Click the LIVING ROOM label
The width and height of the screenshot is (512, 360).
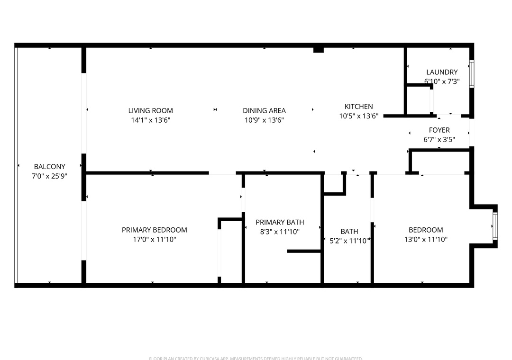150,111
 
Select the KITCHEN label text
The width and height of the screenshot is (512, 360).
358,107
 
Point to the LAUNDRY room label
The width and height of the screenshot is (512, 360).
442,72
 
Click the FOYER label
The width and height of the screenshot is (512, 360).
439,130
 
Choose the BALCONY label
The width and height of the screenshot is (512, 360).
49,167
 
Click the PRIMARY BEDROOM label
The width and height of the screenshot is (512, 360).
154,230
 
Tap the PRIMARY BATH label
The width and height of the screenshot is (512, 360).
280,222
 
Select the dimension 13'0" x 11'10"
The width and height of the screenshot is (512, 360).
426,239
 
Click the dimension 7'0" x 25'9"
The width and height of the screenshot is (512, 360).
49,176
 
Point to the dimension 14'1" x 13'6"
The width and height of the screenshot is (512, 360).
150,120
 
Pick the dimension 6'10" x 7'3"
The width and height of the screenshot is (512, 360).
442,81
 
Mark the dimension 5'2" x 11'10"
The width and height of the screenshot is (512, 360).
349,241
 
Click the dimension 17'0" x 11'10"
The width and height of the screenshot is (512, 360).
154,239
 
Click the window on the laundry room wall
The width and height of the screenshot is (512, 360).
472,74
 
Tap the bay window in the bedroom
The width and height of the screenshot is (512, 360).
495,226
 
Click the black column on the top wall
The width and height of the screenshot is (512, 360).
319,50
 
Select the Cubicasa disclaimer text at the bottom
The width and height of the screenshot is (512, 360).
256,358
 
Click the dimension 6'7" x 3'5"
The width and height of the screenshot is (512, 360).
439,140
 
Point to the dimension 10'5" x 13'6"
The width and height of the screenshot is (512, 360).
358,116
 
